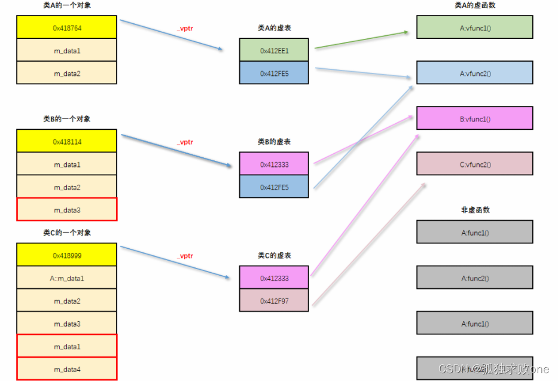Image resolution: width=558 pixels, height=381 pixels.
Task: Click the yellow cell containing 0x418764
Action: point(67,28)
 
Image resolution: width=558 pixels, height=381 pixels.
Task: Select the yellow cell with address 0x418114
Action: point(67,142)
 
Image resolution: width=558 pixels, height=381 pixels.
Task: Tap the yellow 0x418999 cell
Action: point(67,255)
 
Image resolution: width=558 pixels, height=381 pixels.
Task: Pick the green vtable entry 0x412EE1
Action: point(274,51)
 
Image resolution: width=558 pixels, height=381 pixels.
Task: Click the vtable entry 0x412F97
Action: point(274,301)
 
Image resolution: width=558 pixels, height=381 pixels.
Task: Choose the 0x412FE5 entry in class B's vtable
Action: point(274,187)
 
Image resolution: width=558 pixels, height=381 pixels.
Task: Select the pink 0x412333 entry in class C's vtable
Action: point(274,278)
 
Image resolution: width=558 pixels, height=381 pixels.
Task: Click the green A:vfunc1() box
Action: point(474,28)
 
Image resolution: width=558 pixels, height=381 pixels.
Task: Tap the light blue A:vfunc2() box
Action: point(474,73)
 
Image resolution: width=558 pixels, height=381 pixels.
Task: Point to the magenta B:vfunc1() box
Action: point(474,118)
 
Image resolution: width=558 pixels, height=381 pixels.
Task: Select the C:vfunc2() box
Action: point(474,164)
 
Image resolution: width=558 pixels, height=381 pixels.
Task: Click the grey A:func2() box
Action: point(474,278)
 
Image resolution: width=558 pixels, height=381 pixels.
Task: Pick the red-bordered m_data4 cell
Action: point(67,369)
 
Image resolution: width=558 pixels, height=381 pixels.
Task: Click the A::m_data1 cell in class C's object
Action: point(67,278)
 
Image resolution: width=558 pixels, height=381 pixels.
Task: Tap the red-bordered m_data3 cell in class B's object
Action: point(67,210)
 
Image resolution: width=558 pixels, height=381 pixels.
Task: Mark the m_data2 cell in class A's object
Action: point(67,74)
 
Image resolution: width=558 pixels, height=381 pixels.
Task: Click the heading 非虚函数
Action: point(475,210)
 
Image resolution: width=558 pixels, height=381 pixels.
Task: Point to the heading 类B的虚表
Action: point(275,142)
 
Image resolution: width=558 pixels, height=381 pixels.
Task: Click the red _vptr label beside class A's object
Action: point(185,28)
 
